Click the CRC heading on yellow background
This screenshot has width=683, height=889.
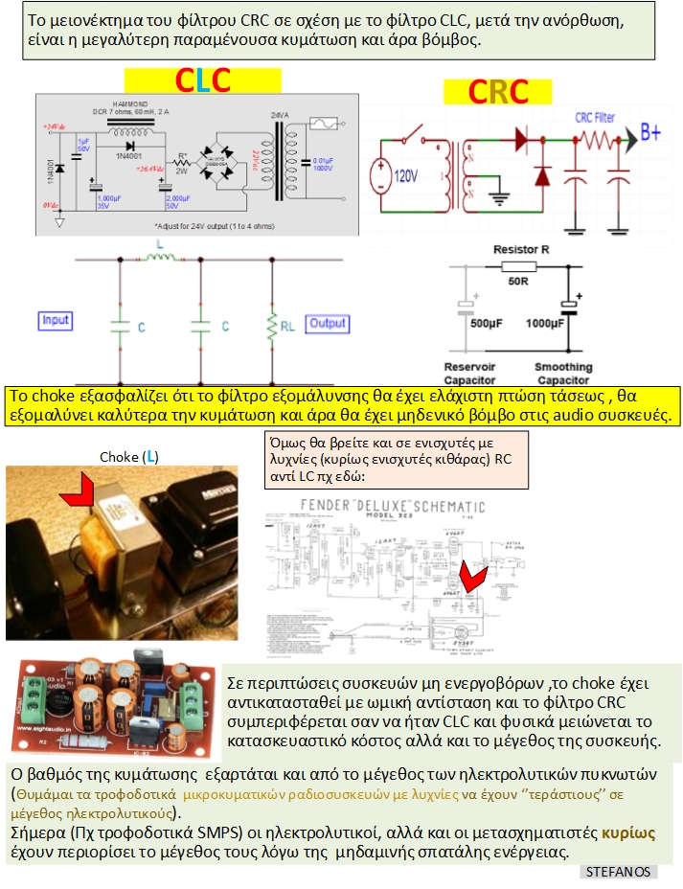click(x=498, y=91)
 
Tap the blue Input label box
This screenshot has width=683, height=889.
click(x=56, y=320)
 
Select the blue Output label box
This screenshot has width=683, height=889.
click(x=327, y=323)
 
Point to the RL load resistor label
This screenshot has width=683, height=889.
click(x=287, y=327)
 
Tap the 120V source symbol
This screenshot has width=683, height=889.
click(x=395, y=176)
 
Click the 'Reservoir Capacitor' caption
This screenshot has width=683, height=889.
click(x=469, y=373)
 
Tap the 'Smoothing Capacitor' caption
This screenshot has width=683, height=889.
click(x=563, y=373)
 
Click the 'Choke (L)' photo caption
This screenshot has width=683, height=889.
click(x=129, y=457)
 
